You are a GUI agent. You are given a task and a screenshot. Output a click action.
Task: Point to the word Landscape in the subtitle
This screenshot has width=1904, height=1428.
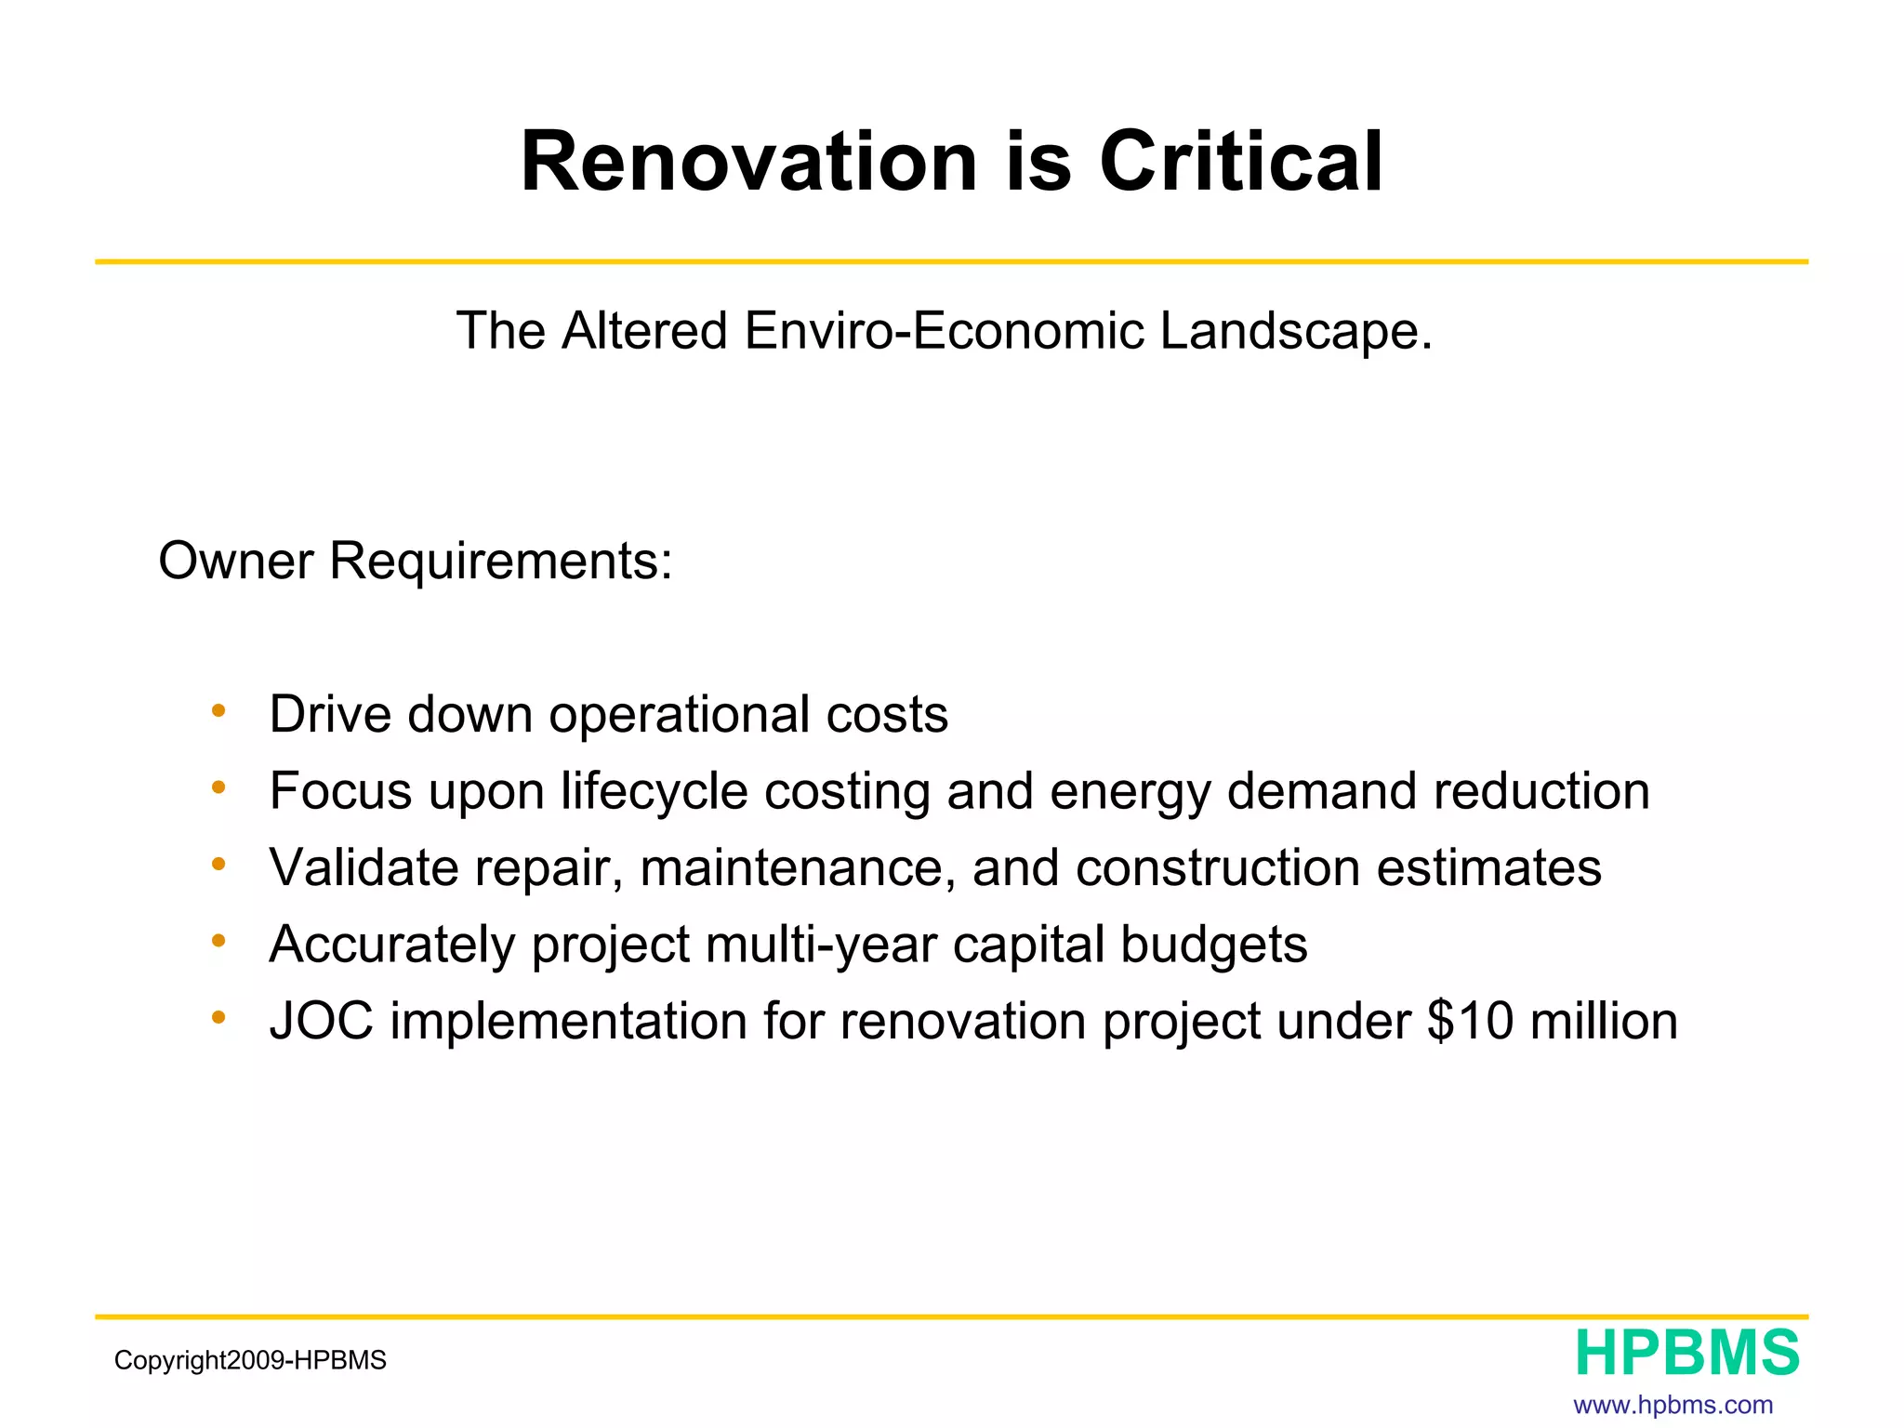1295,333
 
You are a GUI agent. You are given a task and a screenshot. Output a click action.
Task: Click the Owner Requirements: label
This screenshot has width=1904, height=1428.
416,562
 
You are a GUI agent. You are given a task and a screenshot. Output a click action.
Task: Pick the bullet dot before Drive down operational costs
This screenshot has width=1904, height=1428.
218,711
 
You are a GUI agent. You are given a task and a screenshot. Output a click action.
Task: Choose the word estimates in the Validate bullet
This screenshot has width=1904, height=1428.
1488,868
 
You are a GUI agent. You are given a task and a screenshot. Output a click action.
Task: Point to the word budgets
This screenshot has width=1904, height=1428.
1213,945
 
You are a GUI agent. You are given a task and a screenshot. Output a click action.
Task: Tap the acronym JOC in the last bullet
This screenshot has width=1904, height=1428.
322,1022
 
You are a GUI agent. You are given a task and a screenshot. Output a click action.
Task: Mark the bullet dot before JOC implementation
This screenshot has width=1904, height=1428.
218,1018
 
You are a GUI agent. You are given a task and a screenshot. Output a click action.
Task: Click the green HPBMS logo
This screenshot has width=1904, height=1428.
1686,1354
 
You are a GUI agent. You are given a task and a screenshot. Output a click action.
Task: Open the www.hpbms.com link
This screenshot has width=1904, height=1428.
1673,1405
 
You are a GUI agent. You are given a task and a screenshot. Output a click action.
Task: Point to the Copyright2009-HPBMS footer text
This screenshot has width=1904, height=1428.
250,1361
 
